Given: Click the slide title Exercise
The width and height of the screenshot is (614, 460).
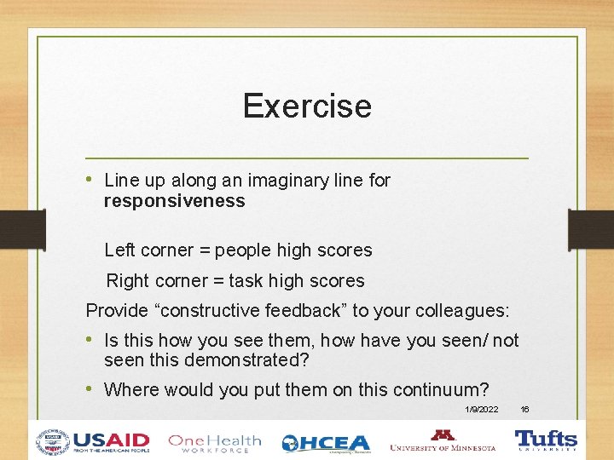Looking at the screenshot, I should tap(307, 106).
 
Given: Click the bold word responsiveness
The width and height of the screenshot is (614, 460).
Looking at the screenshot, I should tap(174, 202).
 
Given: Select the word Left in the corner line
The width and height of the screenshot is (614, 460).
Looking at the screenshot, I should tap(119, 250).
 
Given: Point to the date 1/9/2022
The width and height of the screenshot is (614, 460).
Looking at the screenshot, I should tap(482, 410).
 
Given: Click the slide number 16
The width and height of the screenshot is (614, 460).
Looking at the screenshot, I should tap(525, 410).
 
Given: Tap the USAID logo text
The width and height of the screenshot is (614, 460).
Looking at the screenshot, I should tap(111, 441).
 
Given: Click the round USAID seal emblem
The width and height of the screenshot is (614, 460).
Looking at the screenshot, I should tap(53, 441).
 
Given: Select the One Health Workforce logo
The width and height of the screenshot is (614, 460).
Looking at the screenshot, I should tap(214, 442).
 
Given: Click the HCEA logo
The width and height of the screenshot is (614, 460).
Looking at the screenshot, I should tap(326, 443).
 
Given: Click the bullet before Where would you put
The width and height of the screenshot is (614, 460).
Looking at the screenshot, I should tap(90, 389).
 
